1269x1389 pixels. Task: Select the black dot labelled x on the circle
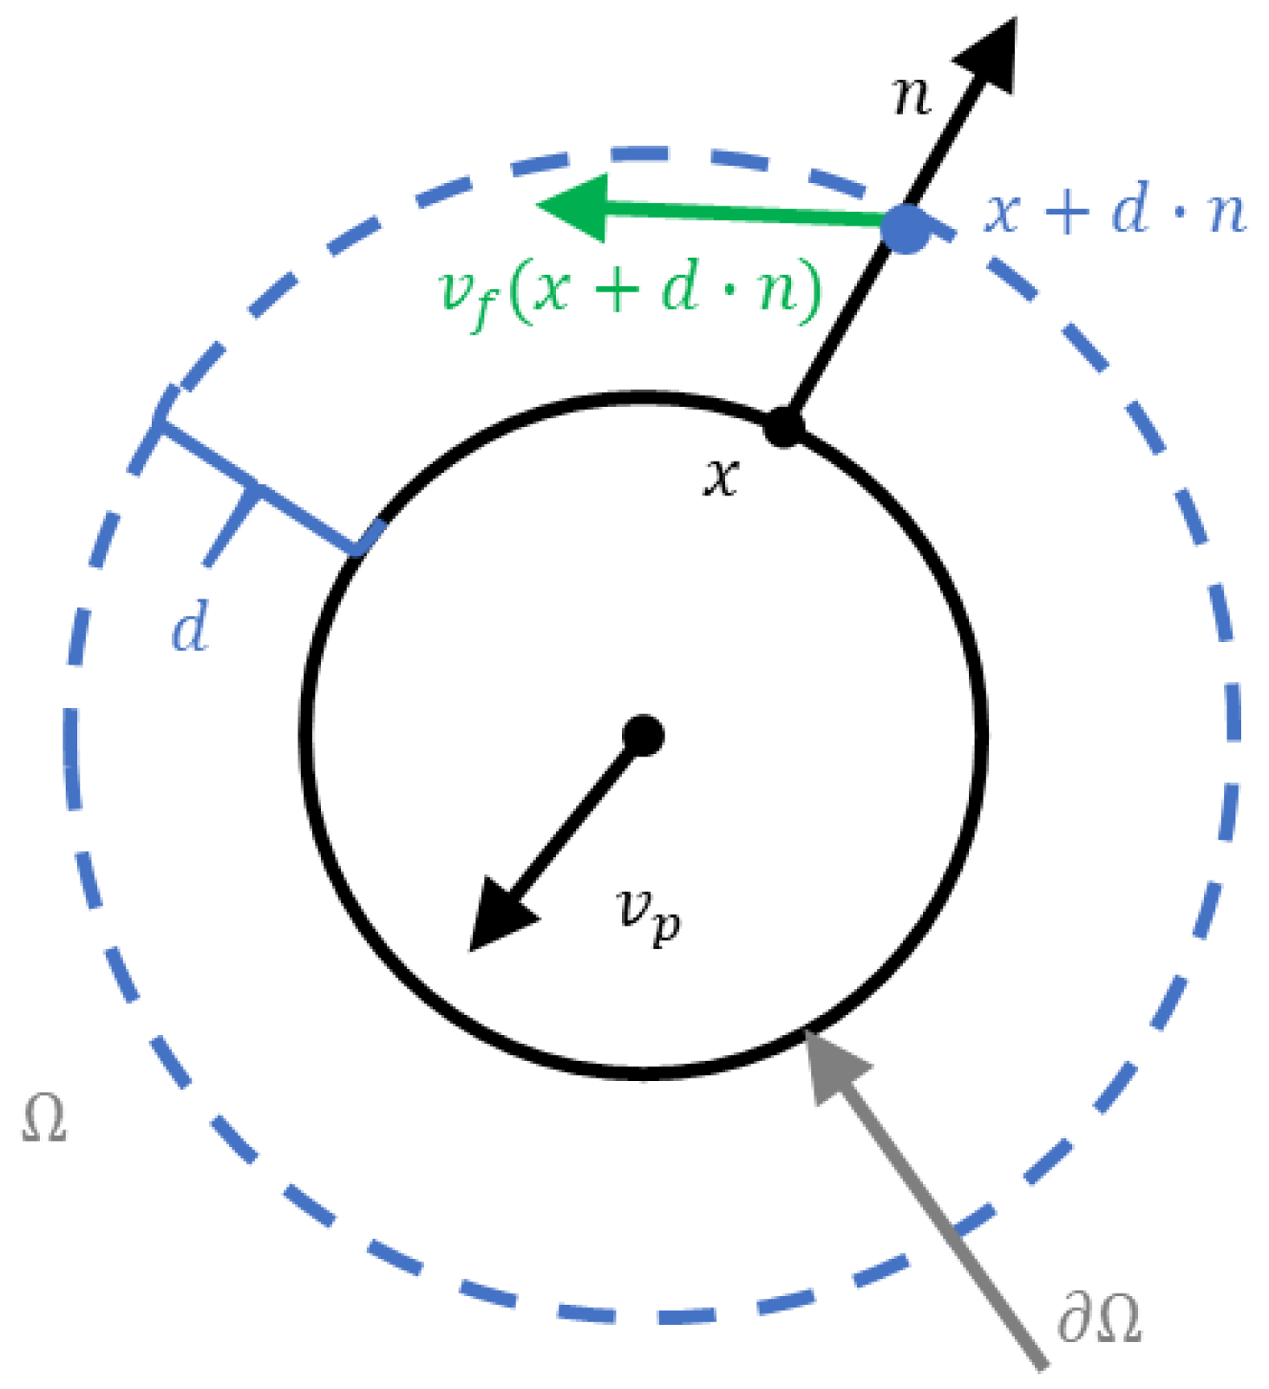click(784, 426)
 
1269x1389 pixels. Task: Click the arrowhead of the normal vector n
click(991, 56)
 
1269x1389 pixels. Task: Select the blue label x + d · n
click(1115, 212)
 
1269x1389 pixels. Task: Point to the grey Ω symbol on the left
click(43, 1119)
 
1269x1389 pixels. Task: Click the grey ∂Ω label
click(1098, 1319)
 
